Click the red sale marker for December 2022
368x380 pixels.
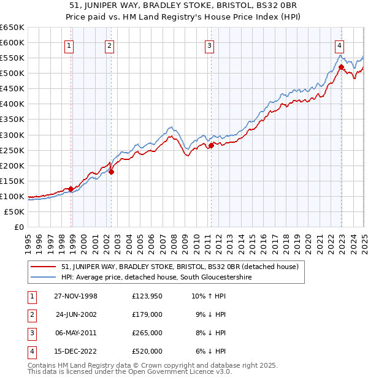pos(340,67)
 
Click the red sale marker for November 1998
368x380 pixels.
pos(71,189)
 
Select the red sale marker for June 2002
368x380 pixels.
pos(111,172)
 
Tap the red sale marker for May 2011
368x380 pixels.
pos(210,145)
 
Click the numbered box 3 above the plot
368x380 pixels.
pos(209,45)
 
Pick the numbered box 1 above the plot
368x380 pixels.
pos(69,45)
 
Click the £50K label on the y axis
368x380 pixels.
pos(14,211)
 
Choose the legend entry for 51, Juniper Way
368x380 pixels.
pos(180,267)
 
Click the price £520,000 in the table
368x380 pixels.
pos(147,351)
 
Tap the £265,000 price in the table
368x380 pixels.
pos(147,333)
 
